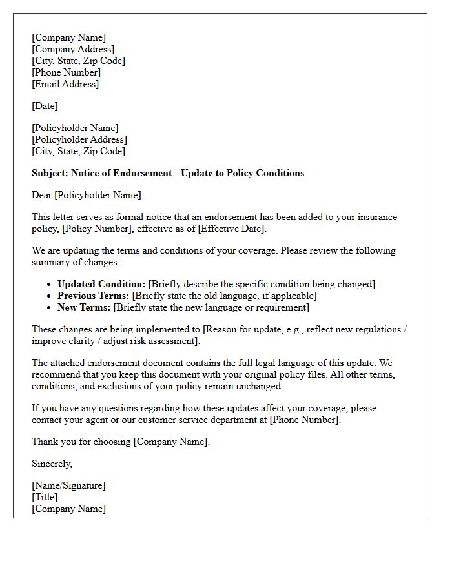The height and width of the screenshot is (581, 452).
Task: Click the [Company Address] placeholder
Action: coord(73,49)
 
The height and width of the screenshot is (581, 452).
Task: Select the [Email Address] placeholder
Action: coord(65,84)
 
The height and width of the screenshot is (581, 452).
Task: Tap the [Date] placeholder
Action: coord(45,106)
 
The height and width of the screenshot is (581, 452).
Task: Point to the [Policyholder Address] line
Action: coord(79,139)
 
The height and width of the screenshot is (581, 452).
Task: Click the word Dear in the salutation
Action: coord(42,195)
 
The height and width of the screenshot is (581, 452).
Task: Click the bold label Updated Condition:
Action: coord(101,284)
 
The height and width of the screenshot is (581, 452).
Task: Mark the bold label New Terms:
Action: coord(84,307)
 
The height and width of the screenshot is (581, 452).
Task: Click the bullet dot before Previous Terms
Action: coord(50,296)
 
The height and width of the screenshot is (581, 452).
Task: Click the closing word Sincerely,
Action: coord(52,464)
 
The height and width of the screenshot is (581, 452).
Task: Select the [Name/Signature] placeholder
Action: coord(68,485)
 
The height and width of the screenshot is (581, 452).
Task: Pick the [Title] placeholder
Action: coord(45,497)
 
